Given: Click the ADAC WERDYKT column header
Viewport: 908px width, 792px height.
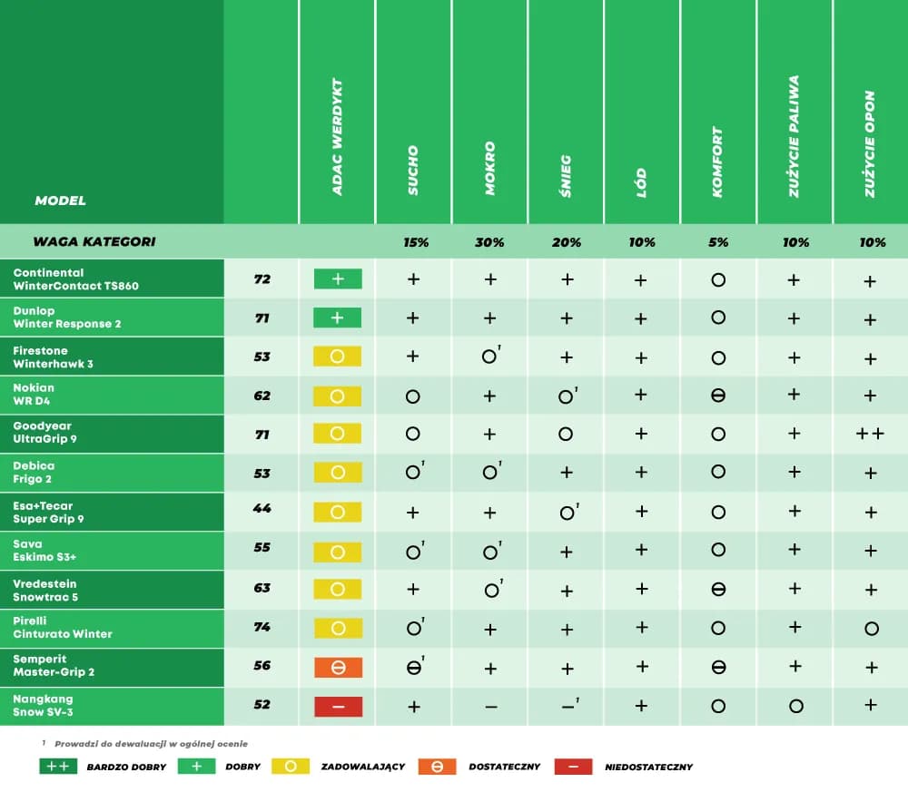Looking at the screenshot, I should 337,136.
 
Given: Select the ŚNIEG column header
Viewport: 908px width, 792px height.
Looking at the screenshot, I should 567,175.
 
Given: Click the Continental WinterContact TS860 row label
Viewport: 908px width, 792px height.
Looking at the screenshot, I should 75,279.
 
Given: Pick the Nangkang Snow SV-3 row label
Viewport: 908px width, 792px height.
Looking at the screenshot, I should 44,706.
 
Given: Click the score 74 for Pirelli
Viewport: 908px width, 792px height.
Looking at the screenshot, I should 262,626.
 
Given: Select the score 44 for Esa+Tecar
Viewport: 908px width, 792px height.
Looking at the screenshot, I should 262,509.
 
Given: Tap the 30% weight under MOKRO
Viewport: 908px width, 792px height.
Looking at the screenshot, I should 490,242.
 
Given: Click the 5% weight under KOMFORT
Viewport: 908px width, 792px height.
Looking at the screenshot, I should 717,242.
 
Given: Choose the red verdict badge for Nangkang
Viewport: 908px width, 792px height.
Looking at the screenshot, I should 338,707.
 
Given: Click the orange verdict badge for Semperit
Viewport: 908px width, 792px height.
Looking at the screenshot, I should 338,668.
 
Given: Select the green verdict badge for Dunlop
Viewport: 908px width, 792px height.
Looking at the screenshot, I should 338,318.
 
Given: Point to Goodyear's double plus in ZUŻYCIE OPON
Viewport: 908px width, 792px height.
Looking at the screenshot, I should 870,435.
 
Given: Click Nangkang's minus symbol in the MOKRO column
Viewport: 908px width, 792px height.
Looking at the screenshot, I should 490,707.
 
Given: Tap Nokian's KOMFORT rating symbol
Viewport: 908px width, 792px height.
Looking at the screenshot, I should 717,396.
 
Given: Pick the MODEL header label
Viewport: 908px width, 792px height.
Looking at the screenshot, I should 60,200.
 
